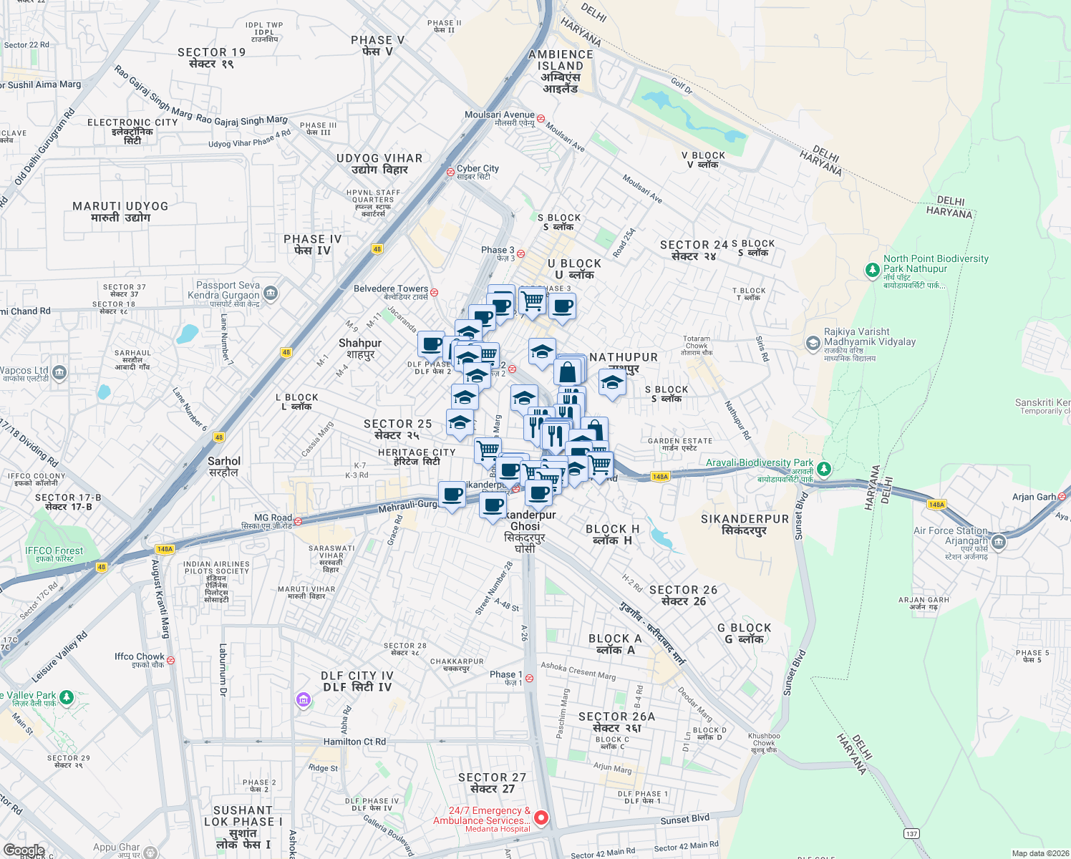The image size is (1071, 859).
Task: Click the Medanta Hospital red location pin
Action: pos(541,817)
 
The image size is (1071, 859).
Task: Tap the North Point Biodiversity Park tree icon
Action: pos(872,270)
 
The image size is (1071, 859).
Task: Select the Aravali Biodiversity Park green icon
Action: pos(824,469)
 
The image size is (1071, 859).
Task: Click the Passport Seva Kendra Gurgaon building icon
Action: pos(270,292)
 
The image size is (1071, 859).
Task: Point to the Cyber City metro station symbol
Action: pos(450,172)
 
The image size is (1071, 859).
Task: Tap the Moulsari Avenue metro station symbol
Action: pos(541,119)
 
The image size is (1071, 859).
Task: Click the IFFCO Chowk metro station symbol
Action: pos(170,660)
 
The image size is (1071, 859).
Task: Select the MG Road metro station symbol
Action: pos(298,521)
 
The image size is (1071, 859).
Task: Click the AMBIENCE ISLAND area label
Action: pos(561,60)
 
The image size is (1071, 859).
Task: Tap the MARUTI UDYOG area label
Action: pos(120,206)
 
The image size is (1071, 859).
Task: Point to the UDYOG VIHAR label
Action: pos(379,158)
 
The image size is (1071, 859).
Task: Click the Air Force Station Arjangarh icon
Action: pos(999,543)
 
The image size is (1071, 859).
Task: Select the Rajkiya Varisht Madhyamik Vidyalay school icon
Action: pos(813,344)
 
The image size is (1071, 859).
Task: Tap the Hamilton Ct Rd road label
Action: pos(354,742)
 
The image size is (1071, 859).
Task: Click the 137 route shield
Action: pos(911,833)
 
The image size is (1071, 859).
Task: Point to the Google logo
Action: pos(24,850)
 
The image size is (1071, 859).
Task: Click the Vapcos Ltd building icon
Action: pos(59,372)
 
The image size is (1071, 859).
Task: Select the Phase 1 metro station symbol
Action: pos(529,678)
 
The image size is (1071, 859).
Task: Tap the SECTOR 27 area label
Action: pos(492,777)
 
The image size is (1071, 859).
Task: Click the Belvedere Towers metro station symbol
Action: pos(434,292)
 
